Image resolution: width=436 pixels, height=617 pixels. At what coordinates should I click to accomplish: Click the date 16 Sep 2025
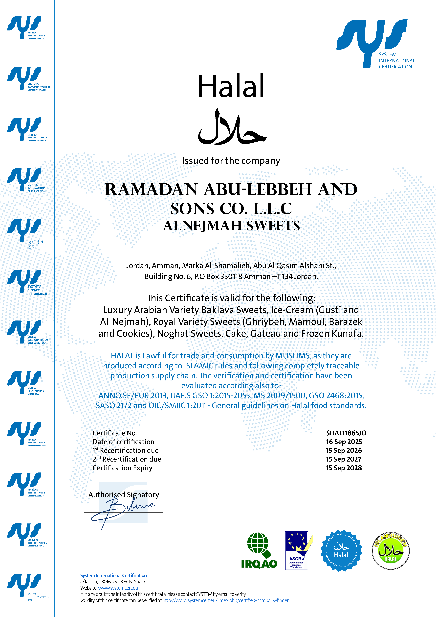point(344,442)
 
